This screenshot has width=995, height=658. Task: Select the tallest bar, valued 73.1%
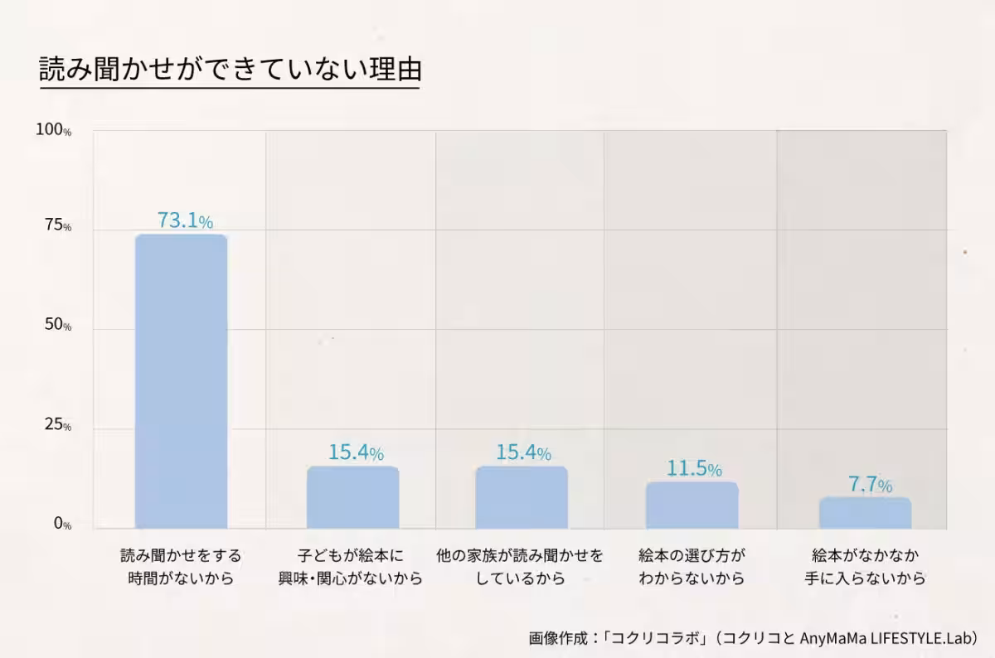click(181, 381)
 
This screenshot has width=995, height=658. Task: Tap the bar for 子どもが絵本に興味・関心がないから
click(352, 497)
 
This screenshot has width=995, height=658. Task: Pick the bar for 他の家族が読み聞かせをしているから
click(522, 497)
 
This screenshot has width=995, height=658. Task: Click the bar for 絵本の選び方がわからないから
click(692, 505)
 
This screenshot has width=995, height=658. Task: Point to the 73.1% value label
click(185, 221)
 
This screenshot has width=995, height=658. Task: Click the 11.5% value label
click(694, 468)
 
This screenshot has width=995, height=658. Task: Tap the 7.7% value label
click(870, 485)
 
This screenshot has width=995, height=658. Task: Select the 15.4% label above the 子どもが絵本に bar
click(356, 453)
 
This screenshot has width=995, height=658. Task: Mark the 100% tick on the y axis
click(54, 130)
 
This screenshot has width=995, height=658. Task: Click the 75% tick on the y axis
click(57, 226)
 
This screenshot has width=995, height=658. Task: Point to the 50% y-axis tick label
click(57, 326)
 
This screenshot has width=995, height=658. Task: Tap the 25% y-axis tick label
click(57, 426)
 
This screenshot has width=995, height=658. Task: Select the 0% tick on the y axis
click(62, 525)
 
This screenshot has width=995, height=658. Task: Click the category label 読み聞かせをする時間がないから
click(181, 566)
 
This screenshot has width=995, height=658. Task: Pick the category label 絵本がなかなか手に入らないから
click(865, 566)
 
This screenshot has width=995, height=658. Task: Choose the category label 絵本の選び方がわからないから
click(692, 566)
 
